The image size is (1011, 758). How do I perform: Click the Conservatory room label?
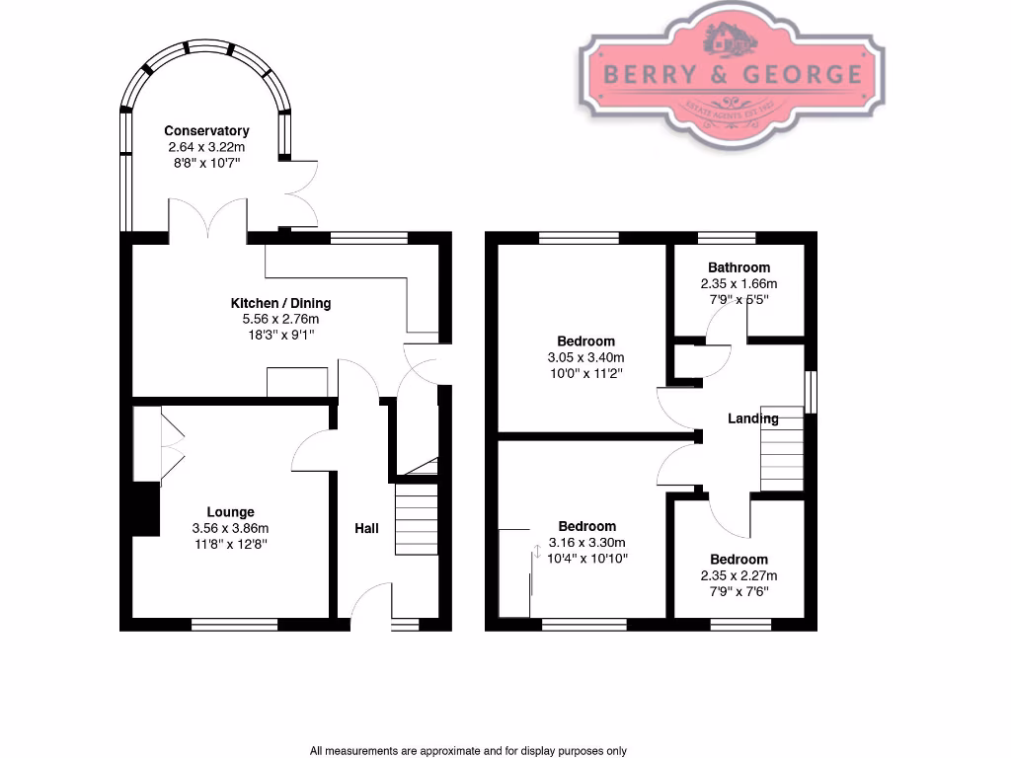click(206, 130)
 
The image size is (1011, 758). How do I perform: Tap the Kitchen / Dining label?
click(280, 303)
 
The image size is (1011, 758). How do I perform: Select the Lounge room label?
click(230, 512)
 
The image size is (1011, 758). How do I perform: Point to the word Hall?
click(366, 529)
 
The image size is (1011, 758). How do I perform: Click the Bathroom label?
click(739, 267)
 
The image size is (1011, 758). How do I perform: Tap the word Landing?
click(753, 418)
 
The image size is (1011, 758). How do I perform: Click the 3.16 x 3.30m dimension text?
click(586, 542)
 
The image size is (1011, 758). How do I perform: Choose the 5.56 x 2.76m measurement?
click(280, 319)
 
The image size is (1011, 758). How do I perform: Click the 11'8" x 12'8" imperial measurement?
click(230, 544)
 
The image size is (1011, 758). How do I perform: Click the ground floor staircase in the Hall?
click(417, 519)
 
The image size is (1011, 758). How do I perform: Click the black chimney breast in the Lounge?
click(144, 509)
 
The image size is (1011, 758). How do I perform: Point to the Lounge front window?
click(234, 623)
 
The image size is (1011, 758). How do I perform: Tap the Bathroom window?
click(727, 237)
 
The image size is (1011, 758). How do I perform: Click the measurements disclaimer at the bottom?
click(468, 750)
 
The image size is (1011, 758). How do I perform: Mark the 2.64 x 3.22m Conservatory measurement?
click(206, 146)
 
